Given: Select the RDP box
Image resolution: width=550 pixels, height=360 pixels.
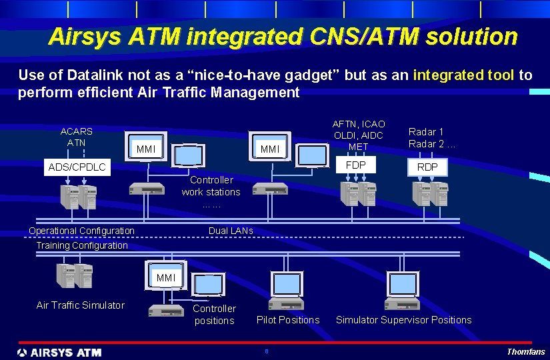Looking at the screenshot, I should pos(427,167).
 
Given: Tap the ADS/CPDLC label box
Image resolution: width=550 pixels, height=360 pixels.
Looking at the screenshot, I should pos(77,167).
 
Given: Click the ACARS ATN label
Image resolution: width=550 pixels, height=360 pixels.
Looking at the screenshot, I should pos(77,137).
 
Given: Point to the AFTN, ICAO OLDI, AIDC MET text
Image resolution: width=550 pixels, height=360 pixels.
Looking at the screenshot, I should pos(359,135).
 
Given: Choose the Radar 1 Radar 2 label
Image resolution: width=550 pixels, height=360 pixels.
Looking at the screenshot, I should pos(431,138).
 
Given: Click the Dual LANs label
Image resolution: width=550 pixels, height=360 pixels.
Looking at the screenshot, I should pos(231,231).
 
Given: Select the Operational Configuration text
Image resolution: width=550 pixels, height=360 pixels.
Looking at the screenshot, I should pos(81,231).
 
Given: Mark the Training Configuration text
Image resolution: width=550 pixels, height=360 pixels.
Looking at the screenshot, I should pos(82,245).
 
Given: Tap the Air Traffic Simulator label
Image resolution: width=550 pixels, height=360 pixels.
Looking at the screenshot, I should pos(81,305).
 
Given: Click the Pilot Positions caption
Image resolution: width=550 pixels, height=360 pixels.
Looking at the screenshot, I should pos(288,320).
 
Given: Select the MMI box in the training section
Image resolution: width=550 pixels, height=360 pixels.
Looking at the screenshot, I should pos(166,277).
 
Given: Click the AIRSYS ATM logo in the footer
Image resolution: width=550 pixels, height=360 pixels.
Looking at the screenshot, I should pos(59,352).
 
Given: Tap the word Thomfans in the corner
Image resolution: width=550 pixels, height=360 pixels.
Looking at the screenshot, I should pos(526,352).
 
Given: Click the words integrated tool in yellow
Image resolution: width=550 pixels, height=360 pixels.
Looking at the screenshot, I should pos(463,75).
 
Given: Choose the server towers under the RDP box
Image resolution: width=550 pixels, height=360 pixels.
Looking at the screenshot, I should pos(430,194).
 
